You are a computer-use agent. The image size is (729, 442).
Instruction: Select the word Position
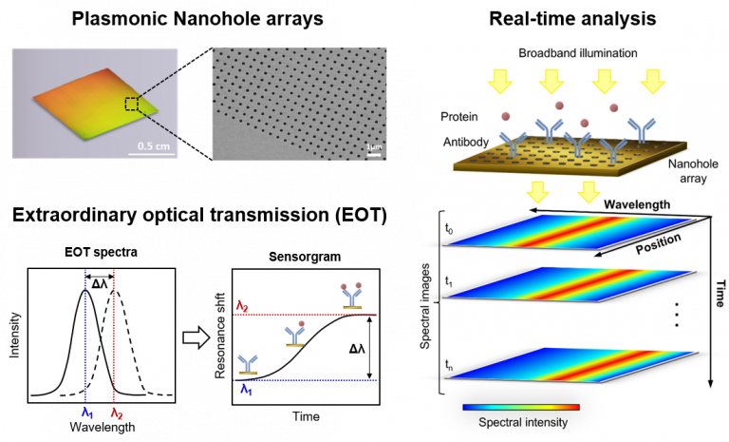click(657, 245)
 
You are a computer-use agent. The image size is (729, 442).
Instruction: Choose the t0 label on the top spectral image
click(450, 229)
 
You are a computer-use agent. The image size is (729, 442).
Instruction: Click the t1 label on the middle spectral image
click(450, 281)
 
